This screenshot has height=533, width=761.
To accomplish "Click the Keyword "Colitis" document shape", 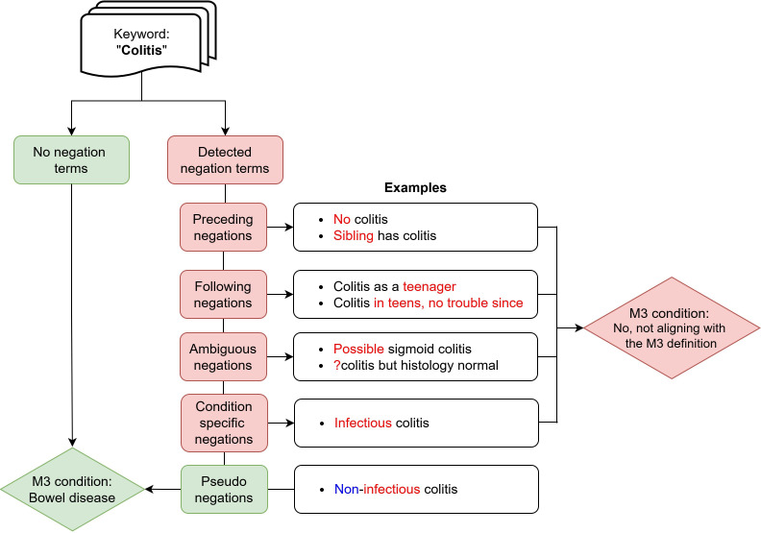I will tap(143, 43).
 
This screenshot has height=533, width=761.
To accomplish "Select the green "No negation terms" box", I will tap(72, 159).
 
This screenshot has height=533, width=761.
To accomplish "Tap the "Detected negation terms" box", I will tap(225, 159).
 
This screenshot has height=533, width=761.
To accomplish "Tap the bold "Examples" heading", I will tap(415, 188).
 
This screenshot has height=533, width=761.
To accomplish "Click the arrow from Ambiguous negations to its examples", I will tap(281, 356).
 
